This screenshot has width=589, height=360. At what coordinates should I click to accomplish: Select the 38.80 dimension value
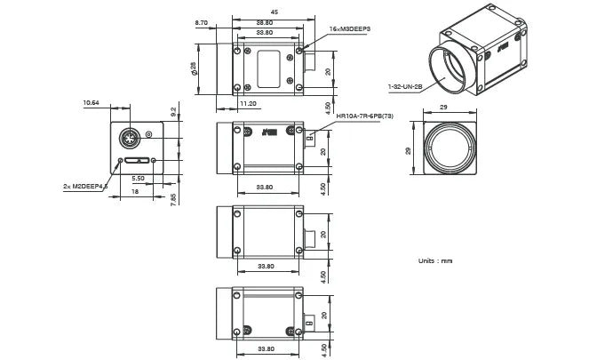click(264, 22)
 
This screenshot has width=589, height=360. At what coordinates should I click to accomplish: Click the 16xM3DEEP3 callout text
click(349, 29)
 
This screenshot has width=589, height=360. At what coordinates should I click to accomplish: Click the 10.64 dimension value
click(91, 103)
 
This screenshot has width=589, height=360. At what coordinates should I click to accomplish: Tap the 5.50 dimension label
click(139, 179)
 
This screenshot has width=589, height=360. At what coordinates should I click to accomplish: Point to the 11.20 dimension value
click(248, 104)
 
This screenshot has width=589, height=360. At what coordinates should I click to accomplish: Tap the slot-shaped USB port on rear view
click(137, 161)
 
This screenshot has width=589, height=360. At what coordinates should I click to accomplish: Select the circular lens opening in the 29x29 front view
click(447, 150)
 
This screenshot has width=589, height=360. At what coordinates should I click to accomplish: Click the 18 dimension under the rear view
click(134, 191)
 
